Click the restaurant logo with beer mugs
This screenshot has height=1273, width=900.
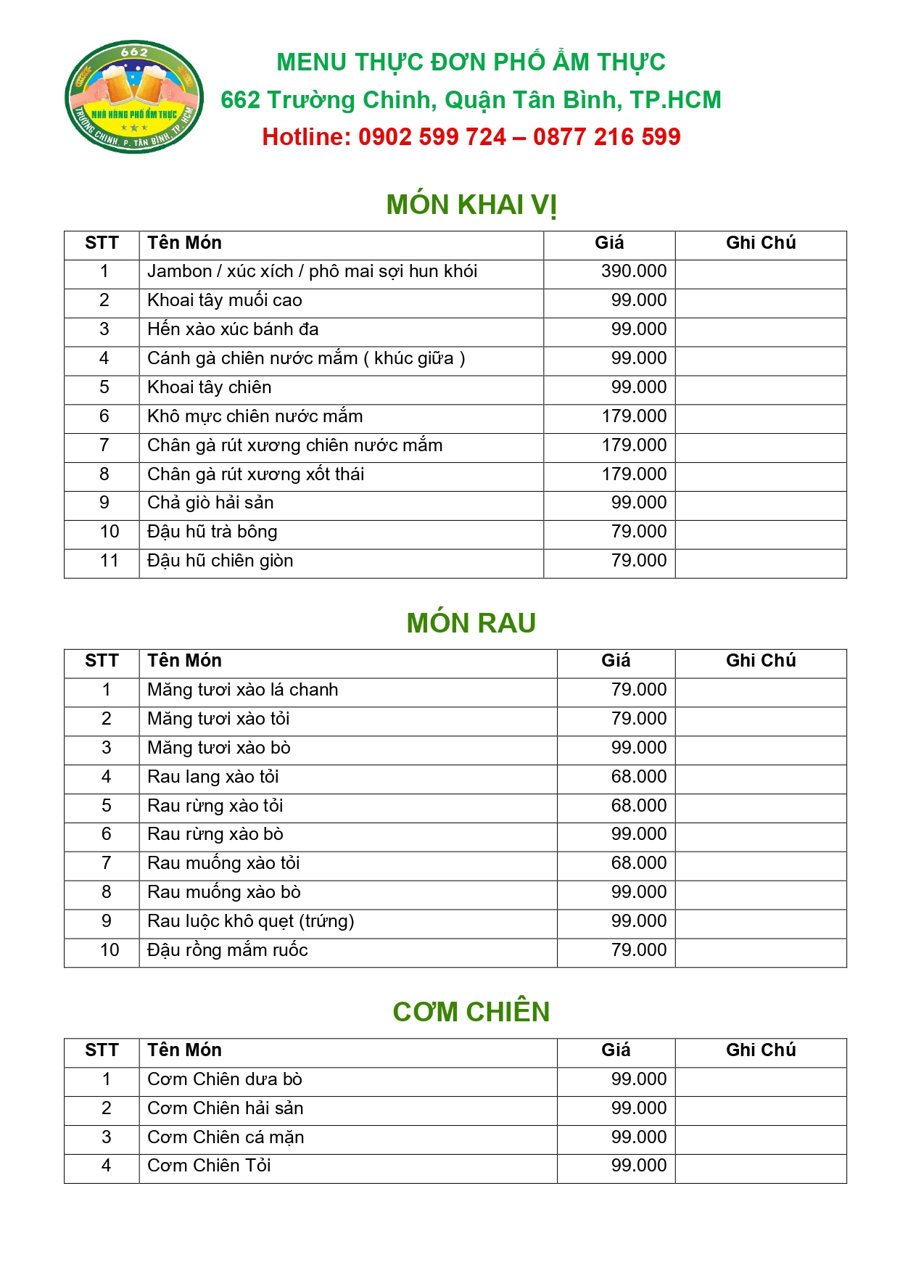(134, 96)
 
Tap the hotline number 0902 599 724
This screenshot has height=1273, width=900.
(432, 137)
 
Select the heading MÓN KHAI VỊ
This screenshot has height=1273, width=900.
(471, 205)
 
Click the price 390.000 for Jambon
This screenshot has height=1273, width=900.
(633, 271)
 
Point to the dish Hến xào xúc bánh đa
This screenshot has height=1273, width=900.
(233, 329)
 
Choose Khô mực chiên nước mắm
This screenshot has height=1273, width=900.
(255, 416)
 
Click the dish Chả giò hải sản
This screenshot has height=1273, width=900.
(210, 503)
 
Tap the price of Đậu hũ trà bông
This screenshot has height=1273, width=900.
(638, 532)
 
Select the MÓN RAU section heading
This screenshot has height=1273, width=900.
(471, 623)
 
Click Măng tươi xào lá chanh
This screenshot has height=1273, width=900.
(242, 690)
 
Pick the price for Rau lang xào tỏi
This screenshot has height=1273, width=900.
(638, 777)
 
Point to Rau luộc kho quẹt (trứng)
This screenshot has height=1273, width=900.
(250, 921)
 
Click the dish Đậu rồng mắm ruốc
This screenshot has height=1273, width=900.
(227, 950)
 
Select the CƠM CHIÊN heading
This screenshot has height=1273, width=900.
(471, 1012)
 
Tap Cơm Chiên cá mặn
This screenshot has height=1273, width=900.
(226, 1137)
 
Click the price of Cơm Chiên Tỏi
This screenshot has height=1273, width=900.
(638, 1166)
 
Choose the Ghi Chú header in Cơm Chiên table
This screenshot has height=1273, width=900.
(761, 1050)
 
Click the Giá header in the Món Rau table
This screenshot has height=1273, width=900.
(616, 661)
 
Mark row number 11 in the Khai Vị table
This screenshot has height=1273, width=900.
(110, 561)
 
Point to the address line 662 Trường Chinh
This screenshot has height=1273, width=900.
(471, 100)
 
